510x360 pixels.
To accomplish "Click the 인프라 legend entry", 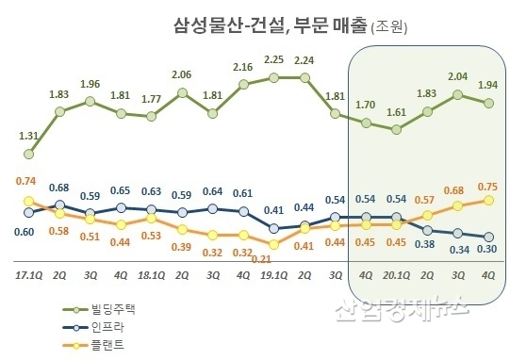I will [x=99, y=328].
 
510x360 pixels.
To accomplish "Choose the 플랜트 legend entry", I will [x=99, y=346].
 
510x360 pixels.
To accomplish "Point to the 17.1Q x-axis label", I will [x=28, y=276].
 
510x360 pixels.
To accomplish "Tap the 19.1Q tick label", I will [x=273, y=276].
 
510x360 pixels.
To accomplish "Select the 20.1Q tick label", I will [x=397, y=276].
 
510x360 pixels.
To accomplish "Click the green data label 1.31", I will [x=29, y=136].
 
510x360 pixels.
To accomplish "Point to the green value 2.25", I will [x=274, y=58].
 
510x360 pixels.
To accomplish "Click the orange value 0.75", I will [x=489, y=186].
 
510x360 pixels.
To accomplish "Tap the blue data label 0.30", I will [x=489, y=250].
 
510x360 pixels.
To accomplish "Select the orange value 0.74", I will [x=27, y=179].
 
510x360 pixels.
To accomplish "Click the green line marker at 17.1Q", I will [x=29, y=154].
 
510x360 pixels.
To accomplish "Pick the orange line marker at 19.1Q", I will [x=274, y=244].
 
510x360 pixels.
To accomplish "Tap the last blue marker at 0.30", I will [x=489, y=237].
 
